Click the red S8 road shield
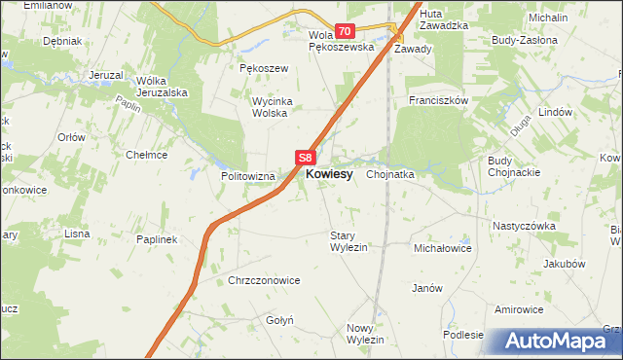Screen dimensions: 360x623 [x=306, y=157]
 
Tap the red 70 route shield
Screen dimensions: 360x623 [x=345, y=32]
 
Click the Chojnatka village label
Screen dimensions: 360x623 [x=391, y=175]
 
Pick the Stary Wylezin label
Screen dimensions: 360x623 [x=348, y=241]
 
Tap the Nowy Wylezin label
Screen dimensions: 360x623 [x=366, y=334]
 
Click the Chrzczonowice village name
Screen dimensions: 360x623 [x=264, y=280]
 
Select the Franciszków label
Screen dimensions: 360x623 [x=440, y=100]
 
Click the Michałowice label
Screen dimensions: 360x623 [x=443, y=249]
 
